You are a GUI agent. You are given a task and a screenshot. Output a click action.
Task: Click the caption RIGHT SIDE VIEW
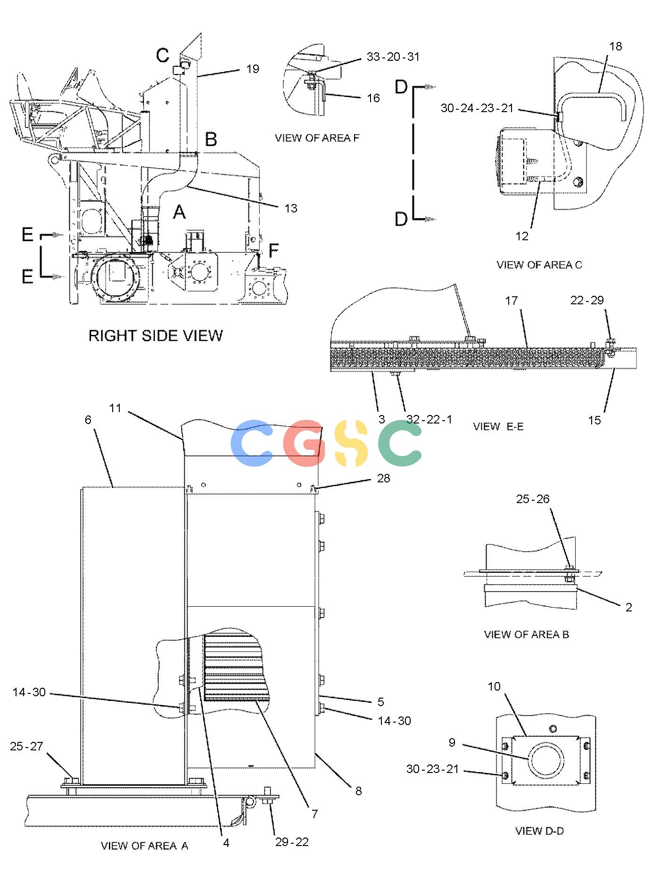(x=156, y=335)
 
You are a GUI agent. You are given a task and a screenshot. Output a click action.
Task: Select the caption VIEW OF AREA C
(x=539, y=265)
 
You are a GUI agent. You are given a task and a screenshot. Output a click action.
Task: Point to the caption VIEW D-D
(x=539, y=831)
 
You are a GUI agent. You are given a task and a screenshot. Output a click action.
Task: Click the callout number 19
(x=253, y=69)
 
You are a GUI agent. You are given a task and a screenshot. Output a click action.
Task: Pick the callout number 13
(x=291, y=208)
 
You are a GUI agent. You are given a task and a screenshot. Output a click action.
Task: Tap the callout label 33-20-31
(x=393, y=57)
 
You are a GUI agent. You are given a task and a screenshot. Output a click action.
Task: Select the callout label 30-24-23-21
(x=477, y=108)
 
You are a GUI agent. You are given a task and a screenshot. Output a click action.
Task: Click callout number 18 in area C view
(x=616, y=46)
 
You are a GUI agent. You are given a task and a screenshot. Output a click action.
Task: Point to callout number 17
(x=512, y=300)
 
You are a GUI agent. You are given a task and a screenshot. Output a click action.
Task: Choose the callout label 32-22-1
(x=429, y=419)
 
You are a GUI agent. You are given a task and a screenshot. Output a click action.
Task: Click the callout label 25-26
(x=533, y=499)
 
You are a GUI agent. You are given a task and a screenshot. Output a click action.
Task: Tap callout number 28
(x=383, y=478)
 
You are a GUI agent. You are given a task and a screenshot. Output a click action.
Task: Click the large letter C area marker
(x=163, y=55)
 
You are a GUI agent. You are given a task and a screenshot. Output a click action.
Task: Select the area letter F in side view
(x=273, y=251)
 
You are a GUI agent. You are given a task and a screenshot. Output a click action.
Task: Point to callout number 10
(x=494, y=686)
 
